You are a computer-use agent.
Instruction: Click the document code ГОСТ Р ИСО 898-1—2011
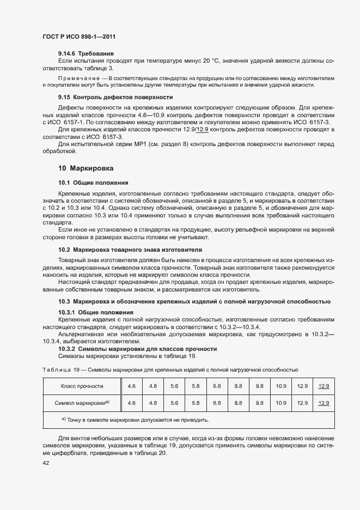pos(79,37)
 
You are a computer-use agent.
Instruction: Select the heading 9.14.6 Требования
pos(86,53)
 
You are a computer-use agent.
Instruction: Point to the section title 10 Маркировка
pos(86,168)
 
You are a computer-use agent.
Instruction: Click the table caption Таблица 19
pos(57,370)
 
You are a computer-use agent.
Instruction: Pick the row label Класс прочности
pos(82,386)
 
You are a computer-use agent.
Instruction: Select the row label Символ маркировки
pos(82,403)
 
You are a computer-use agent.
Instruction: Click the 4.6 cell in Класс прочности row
pos(131,386)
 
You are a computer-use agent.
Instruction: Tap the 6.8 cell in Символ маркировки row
pos(217,403)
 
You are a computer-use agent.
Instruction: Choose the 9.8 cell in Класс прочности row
pos(259,386)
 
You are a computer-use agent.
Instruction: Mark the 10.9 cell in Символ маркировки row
pos(281,403)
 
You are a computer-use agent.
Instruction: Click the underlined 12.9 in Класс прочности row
pos(324,386)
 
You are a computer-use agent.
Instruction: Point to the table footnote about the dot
pos(135,420)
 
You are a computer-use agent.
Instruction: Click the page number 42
pos(45,463)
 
